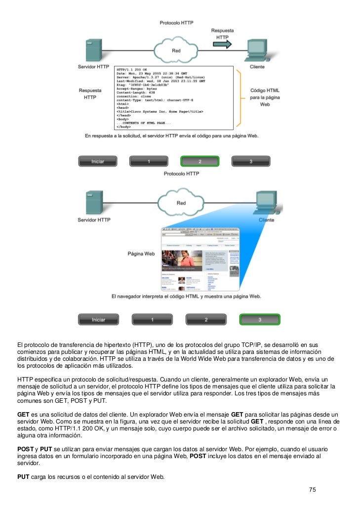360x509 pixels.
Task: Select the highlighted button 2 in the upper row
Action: [x=200, y=162]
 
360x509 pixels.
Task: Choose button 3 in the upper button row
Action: [x=251, y=162]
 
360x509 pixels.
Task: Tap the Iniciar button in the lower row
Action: [x=98, y=319]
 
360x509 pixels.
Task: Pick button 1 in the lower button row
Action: [x=152, y=319]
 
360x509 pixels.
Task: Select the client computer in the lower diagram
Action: [x=265, y=203]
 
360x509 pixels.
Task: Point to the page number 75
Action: [x=312, y=490]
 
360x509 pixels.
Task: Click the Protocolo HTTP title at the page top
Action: [x=176, y=23]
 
